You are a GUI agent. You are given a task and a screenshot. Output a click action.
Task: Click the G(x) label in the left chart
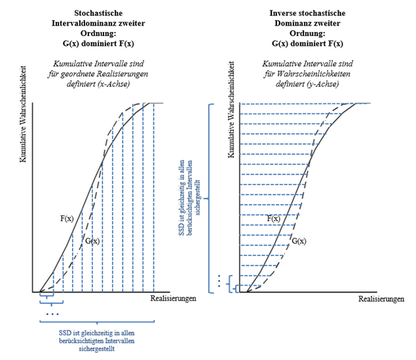92,241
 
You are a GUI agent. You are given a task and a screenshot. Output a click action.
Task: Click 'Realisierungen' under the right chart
381,299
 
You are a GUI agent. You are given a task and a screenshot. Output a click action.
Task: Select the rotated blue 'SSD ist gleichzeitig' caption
187,196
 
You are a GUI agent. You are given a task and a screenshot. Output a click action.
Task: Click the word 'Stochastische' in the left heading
98,12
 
